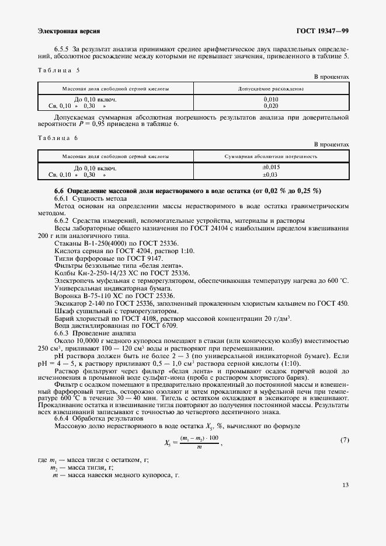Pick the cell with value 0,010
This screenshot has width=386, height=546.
pos(271,100)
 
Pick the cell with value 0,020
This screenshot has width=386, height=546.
pos(271,106)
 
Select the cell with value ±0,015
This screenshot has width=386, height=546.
pos(271,168)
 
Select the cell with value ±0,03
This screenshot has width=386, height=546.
pos(271,174)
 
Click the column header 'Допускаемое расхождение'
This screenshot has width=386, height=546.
pos(271,89)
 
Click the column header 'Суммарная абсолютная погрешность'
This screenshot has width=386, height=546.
pos(271,156)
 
